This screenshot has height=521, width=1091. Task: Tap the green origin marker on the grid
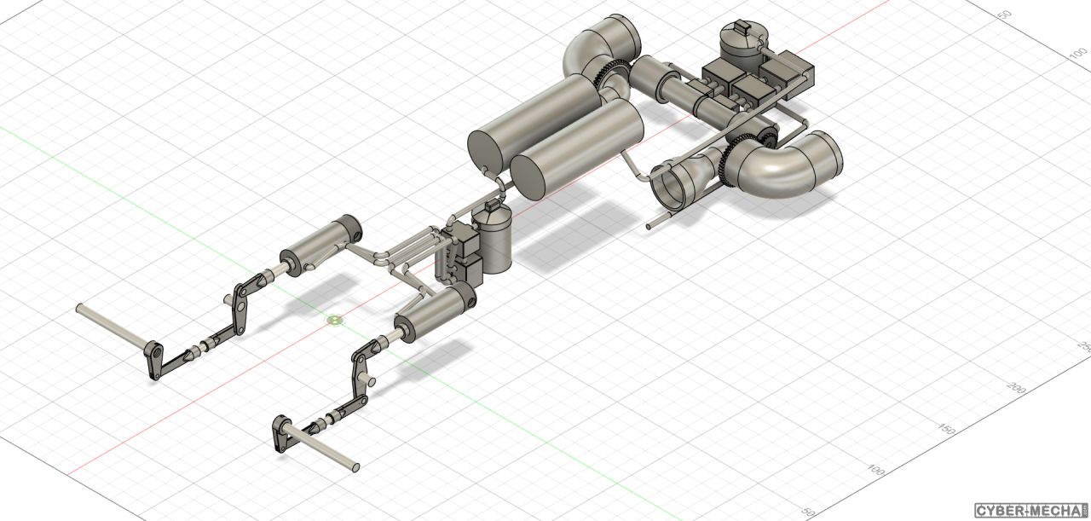click(335, 320)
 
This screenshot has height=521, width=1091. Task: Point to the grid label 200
click(1016, 389)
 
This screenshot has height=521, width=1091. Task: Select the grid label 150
click(946, 430)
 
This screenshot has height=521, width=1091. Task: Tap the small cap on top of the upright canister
click(492, 206)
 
